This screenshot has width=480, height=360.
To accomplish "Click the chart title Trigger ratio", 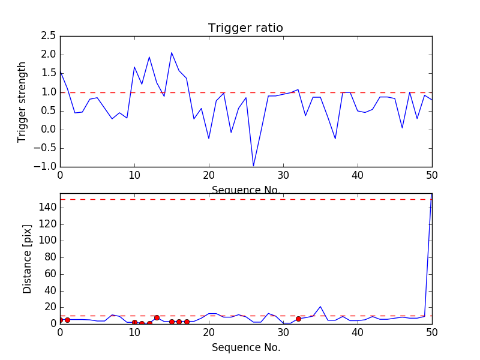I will click(245, 28).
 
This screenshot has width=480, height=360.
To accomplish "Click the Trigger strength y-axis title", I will click(22, 101).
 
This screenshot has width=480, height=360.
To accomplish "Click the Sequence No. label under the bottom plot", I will click(245, 347).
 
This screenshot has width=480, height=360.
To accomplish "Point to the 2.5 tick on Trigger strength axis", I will click(49, 36).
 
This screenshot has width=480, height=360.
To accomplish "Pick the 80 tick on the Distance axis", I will click(50, 257).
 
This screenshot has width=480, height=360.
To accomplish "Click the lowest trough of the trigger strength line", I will click(253, 166).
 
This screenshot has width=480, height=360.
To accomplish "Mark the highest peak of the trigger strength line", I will click(172, 53).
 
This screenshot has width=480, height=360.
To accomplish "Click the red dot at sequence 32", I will click(298, 319).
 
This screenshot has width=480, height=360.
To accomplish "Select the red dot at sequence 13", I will click(157, 317).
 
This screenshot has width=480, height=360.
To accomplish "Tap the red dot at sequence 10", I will click(134, 322).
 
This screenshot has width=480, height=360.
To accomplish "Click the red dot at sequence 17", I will click(187, 322).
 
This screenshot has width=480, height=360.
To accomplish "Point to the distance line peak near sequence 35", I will click(320, 307).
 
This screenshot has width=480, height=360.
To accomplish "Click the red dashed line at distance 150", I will click(240, 199).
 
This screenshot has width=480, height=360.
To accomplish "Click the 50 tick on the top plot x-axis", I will click(432, 175).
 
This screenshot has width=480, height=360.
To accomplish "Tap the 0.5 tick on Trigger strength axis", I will click(49, 111).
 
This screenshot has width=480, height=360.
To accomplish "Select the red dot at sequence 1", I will click(67, 320).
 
